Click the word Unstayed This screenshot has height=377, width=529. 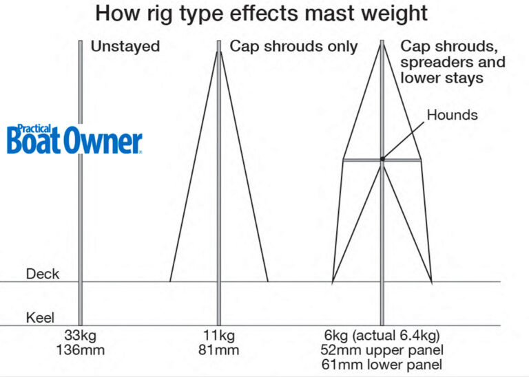pos(125,47)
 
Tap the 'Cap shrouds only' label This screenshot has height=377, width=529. pos(293,47)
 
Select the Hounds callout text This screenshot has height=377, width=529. pos(452,115)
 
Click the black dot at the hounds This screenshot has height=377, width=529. pos(382,159)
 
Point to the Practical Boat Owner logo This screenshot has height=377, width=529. pos(74,140)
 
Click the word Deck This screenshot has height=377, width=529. pos(43,274)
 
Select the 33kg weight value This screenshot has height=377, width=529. pos(81,337)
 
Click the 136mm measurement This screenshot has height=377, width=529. pos(81,350)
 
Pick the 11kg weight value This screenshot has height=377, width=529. pos(219,337)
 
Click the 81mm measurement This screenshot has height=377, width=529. pos(219,350)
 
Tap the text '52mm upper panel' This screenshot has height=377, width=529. pos(382,350)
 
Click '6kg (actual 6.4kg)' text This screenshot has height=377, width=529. pos(382,337)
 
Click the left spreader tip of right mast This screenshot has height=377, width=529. pos(344,160)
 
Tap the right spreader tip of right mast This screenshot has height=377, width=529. pos(420,160)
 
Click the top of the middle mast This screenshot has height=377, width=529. pos(219,43)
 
